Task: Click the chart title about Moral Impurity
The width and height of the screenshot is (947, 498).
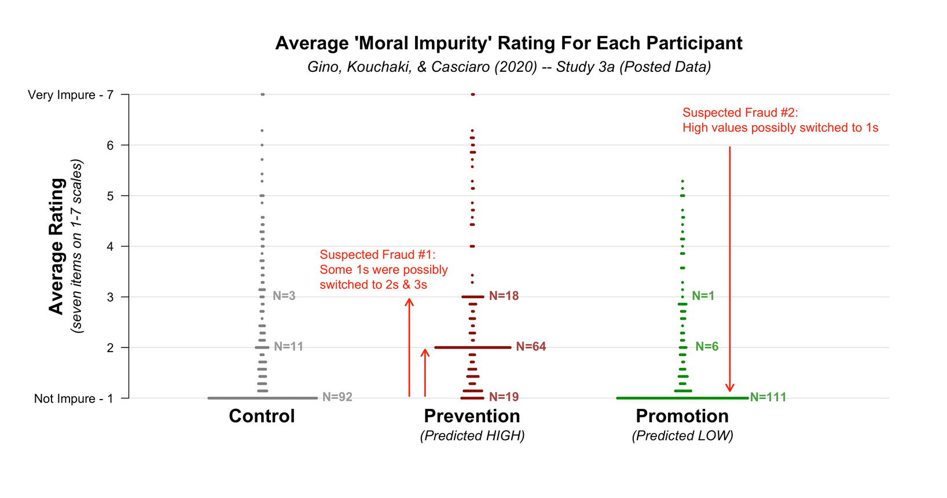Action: (x=508, y=43)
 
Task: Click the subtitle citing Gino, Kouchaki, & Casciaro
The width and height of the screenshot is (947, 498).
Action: (x=508, y=67)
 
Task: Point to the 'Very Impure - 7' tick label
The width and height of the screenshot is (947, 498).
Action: (x=70, y=95)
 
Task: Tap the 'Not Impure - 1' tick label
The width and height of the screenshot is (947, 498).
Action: (x=74, y=398)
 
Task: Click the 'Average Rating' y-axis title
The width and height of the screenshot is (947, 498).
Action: (x=56, y=246)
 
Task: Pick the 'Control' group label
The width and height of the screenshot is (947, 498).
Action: (x=262, y=416)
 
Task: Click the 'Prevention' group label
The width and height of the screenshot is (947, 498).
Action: (x=472, y=416)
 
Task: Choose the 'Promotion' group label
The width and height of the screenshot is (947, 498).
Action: (x=682, y=416)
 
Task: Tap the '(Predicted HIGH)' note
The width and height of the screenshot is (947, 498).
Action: (x=472, y=435)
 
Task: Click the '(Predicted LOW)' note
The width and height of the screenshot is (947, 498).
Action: (x=682, y=435)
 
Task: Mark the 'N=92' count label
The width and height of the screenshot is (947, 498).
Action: (x=337, y=397)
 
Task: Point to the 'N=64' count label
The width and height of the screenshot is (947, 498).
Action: (x=531, y=347)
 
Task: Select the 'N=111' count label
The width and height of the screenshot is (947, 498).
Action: (x=768, y=397)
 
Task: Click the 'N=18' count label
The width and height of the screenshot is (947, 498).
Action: (x=504, y=296)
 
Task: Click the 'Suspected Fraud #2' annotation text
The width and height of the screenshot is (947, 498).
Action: (x=780, y=120)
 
